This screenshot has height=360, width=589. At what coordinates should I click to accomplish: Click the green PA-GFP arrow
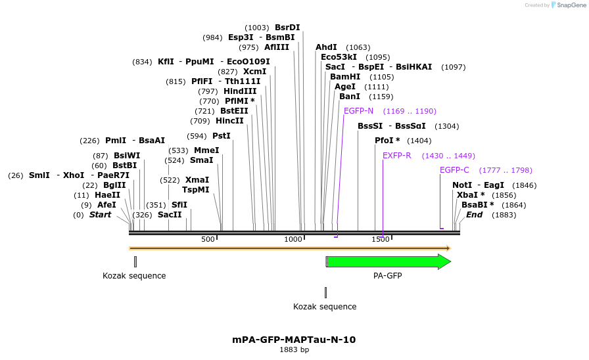pos(388,261)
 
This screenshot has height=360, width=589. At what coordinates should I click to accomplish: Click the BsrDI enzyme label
pos(287,27)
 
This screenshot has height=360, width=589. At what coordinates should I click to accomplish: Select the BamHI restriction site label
pos(345,76)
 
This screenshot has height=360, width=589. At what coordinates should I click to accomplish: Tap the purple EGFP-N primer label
pos(358,110)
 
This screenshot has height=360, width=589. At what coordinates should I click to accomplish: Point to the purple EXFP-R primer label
pos(396,156)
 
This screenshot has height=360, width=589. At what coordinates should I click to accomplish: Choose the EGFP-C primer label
pos(454,169)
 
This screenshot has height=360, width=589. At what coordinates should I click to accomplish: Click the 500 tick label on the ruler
pos(208,239)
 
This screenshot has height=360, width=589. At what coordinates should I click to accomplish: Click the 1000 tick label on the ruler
pos(293,239)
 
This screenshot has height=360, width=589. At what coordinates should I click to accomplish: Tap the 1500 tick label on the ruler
pos(381,239)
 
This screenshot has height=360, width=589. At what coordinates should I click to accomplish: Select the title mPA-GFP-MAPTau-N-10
pos(294,340)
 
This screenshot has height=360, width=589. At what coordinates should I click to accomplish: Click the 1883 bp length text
pos(294,350)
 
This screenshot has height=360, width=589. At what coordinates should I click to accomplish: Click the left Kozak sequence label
pos(134,276)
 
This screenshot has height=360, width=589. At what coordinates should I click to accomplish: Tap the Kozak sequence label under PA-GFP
pos(325,307)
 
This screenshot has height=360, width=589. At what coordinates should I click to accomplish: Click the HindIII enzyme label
pos(240,91)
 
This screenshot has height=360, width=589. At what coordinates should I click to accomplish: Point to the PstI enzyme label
pos(222,135)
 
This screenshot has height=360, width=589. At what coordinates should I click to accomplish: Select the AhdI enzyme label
pos(326,47)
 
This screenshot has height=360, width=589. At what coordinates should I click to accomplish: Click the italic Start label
pos(101,214)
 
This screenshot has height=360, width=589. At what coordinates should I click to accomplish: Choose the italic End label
pos(474,214)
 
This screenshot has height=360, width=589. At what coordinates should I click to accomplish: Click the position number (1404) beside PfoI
pos(419,141)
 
